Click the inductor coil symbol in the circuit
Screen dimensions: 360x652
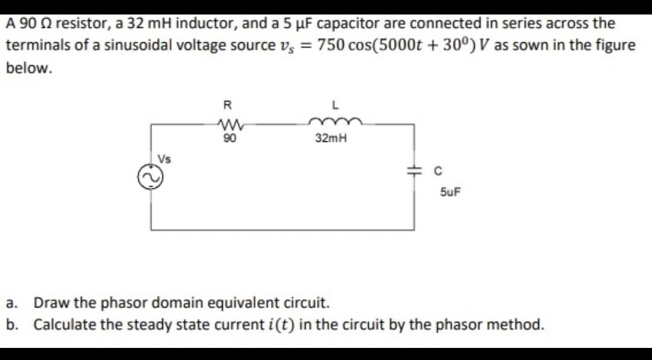pyautogui.click(x=335, y=122)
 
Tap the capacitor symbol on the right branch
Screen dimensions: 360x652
pyautogui.click(x=414, y=172)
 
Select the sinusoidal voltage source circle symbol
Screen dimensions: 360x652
pyautogui.click(x=151, y=176)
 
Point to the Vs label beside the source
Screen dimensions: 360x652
pyautogui.click(x=164, y=159)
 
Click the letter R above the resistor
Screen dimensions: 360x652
pyautogui.click(x=227, y=104)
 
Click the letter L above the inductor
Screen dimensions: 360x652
pyautogui.click(x=335, y=104)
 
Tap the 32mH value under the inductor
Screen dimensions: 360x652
pyautogui.click(x=331, y=138)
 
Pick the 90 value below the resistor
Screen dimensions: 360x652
pyautogui.click(x=229, y=138)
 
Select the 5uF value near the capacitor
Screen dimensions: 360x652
pyautogui.click(x=448, y=193)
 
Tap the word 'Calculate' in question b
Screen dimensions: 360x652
pyautogui.click(x=65, y=324)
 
